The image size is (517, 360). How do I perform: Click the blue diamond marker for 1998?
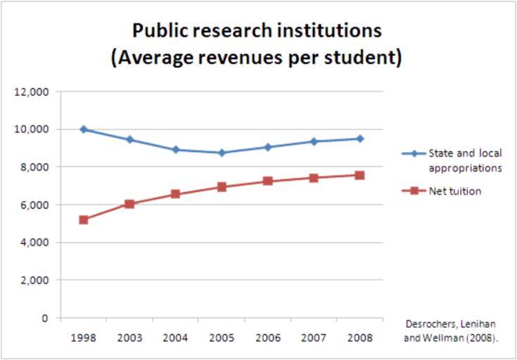click(84, 129)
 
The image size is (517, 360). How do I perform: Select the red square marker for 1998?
click(84, 220)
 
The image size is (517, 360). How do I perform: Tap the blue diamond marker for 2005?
click(222, 153)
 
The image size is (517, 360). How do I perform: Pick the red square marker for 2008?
click(359, 175)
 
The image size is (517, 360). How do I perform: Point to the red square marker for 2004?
click(176, 194)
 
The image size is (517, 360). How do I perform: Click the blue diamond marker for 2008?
click(359, 139)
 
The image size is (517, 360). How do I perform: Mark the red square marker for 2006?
click(267, 181)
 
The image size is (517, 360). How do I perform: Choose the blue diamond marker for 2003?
click(129, 140)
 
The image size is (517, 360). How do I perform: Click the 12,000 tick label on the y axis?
click(33, 92)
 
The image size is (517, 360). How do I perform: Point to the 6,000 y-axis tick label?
click(36, 205)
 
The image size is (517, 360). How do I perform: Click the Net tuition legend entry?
click(455, 191)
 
